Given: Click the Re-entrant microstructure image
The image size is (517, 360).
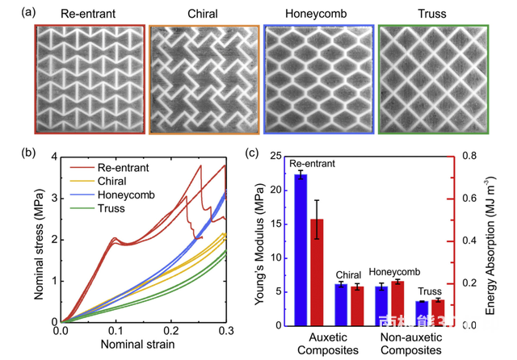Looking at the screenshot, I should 90,78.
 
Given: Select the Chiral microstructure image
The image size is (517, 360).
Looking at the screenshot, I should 205,78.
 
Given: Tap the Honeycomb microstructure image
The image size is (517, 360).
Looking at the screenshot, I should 320,78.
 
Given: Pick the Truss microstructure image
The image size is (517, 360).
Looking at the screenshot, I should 433,78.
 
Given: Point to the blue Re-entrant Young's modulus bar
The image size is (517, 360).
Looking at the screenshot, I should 301,249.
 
